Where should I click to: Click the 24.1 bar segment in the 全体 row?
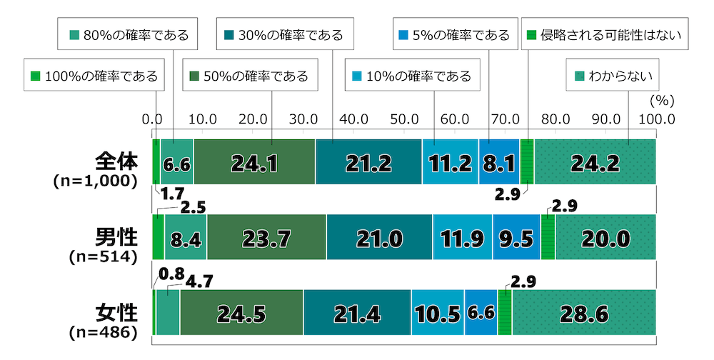coord(254,163)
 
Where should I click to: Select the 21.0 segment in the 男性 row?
coord(379,238)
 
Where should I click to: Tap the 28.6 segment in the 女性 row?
coord(584,313)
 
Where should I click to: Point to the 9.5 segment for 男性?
coord(516,238)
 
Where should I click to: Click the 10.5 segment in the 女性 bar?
coord(437,313)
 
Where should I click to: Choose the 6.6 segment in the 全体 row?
coord(176,163)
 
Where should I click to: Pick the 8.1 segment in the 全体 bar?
coord(499,163)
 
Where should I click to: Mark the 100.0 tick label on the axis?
coord(655,119)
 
